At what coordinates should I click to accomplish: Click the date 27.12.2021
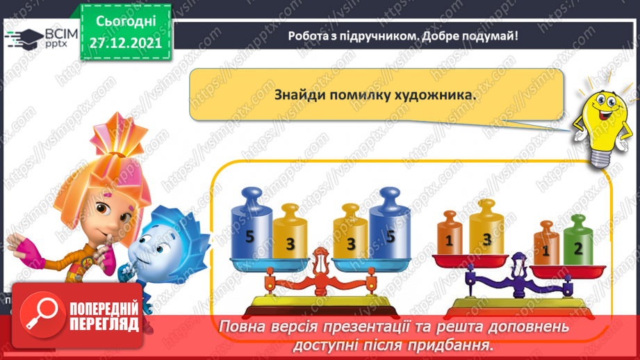click(x=125, y=41)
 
